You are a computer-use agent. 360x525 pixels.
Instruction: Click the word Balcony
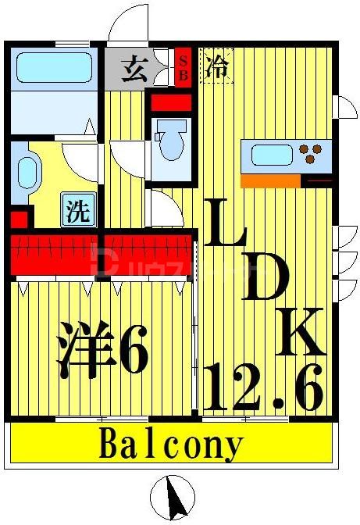(171, 446)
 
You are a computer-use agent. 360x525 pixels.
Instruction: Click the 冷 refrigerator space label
(216, 66)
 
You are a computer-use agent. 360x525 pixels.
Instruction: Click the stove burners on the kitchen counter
(313, 153)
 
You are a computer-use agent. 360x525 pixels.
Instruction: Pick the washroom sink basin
(26, 174)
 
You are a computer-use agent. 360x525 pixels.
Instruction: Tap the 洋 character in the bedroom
(84, 355)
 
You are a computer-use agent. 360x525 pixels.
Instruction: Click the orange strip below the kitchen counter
(270, 180)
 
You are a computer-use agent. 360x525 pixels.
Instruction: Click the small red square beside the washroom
(18, 218)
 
